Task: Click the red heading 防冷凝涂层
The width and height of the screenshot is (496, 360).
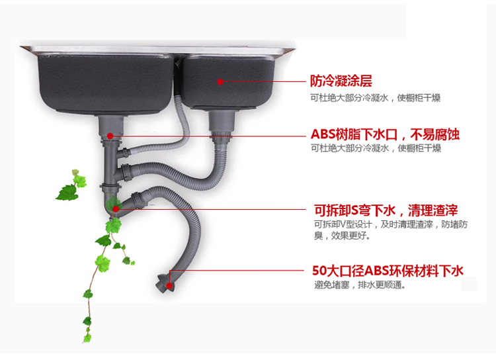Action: pos(341,81)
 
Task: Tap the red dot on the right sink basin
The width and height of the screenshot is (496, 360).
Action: pos(220,82)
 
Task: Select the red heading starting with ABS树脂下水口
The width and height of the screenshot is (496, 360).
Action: pos(385,134)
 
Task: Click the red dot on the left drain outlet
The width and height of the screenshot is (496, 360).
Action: pos(110,136)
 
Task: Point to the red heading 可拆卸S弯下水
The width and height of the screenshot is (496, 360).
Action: pos(354,210)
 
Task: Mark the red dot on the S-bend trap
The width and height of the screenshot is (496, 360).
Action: pos(116,209)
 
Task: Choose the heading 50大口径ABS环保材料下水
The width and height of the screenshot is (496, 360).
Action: pos(388,271)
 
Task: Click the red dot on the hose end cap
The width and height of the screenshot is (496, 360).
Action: pos(169,286)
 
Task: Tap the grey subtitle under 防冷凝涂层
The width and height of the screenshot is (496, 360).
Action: pos(375,98)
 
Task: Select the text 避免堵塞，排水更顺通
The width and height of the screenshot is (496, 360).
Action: pos(360,285)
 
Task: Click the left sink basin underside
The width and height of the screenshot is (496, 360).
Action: pos(105,84)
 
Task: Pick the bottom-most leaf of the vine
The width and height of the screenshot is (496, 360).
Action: pos(87,338)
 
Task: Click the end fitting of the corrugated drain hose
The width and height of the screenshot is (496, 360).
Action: pos(164,283)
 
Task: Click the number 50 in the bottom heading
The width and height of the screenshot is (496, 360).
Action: pos(319,271)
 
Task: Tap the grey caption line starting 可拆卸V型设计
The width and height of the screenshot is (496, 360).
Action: pos(391,224)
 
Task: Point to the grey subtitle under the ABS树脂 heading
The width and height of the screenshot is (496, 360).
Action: pos(376,148)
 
